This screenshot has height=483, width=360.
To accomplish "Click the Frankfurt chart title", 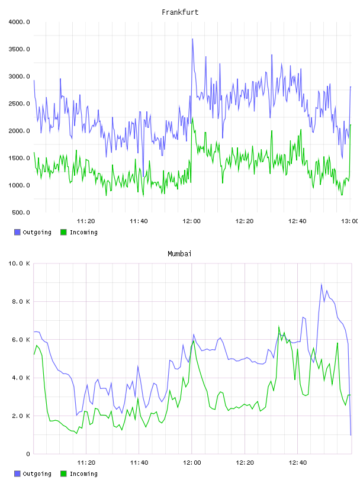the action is (x=180, y=12).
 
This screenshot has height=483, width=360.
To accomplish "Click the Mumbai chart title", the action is (x=179, y=254).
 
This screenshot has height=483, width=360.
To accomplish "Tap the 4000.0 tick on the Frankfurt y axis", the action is (x=19, y=22).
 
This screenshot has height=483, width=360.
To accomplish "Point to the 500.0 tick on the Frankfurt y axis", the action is (x=21, y=212).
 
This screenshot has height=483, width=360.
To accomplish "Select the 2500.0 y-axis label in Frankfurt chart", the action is (x=19, y=104).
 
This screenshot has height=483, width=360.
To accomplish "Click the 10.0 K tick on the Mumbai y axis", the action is (x=19, y=263).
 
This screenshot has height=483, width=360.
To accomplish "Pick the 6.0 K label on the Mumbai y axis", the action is (x=21, y=339).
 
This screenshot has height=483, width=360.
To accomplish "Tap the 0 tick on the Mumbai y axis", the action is (x=28, y=454).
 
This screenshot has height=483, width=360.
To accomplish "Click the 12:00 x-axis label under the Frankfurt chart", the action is (x=191, y=221).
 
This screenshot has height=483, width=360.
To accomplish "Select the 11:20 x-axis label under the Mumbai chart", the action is (x=86, y=463).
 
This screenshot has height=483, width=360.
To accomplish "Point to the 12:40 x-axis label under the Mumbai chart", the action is (x=297, y=463).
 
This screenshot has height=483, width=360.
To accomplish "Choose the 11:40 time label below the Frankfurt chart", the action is (x=139, y=221).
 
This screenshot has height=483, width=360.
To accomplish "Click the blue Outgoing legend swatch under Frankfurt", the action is (x=17, y=232).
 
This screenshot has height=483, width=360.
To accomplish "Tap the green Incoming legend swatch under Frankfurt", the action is (x=63, y=232).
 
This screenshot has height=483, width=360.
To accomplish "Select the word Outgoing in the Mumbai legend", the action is (x=37, y=474).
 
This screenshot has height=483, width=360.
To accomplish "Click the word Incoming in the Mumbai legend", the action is (x=83, y=474).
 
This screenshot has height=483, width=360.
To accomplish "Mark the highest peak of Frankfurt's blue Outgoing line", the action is (x=192, y=39).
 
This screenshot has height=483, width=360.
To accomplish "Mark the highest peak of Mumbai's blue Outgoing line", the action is (x=322, y=284).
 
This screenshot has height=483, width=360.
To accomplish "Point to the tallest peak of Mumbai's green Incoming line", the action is (x=279, y=326).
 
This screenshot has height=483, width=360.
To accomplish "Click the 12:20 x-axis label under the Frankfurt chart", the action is (x=245, y=221).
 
